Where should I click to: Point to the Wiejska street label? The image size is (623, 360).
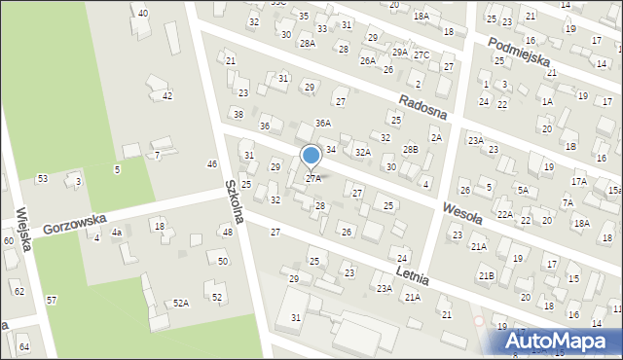(23, 230)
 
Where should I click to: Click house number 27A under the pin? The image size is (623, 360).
(313, 179)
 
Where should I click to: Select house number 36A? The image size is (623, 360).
(323, 124)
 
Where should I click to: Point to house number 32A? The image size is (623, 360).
(362, 152)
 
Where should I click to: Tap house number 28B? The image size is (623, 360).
(411, 149)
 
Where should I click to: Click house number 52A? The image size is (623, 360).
(180, 304)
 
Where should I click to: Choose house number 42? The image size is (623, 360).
(167, 95)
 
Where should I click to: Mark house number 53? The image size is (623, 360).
(42, 178)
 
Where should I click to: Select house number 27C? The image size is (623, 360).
(421, 54)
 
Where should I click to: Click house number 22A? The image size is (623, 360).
(504, 214)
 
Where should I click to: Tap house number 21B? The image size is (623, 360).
(486, 276)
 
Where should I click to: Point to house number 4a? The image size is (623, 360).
(116, 233)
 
